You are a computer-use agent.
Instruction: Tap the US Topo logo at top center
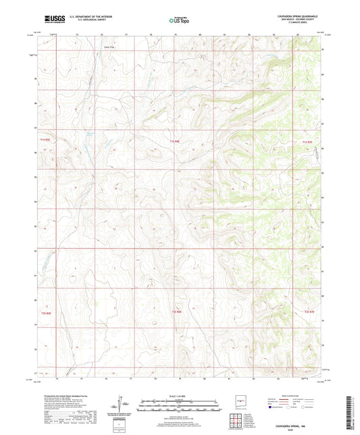(179, 21)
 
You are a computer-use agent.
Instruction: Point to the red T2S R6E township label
(175, 312)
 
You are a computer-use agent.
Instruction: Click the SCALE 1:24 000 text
(179, 396)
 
